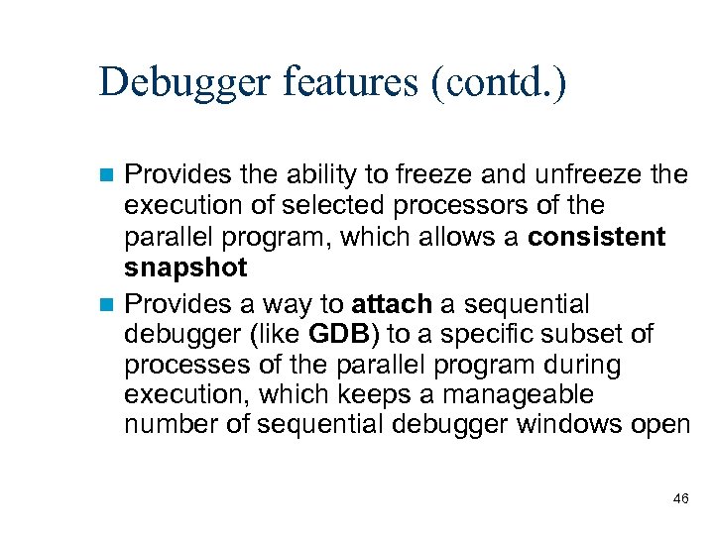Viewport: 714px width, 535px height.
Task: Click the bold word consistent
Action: [597, 238]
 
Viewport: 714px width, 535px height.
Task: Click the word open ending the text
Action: [660, 426]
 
